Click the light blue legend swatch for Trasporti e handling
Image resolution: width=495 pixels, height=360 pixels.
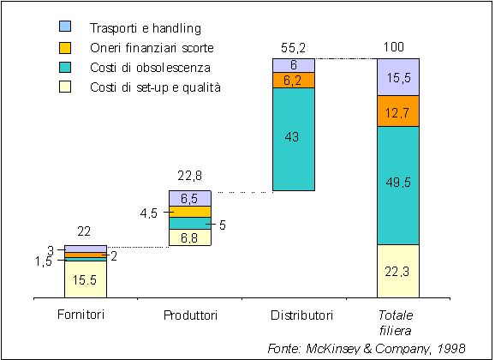[x=65, y=27]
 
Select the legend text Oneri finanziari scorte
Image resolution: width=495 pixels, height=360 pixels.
[x=152, y=48]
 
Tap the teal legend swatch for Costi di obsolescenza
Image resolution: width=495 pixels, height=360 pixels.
[x=65, y=68]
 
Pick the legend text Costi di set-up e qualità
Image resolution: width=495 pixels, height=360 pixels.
[x=155, y=87]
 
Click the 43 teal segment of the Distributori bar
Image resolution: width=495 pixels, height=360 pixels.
[x=294, y=139]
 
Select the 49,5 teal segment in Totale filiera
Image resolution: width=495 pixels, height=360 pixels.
[x=398, y=185]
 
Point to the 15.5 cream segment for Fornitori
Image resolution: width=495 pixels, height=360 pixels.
[x=86, y=279]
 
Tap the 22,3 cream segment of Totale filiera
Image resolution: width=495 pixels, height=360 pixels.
[x=398, y=271]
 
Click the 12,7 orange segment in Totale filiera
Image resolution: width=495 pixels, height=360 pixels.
[x=398, y=111]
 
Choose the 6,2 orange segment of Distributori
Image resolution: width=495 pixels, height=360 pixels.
[x=294, y=81]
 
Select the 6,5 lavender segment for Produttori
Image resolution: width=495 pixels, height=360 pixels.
[x=190, y=199]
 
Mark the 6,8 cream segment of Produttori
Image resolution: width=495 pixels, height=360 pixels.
[x=190, y=237]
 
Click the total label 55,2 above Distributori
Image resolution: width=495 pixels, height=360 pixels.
[x=293, y=48]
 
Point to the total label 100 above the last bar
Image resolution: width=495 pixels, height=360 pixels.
[x=394, y=47]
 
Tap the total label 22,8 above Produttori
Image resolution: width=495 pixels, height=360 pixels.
[x=190, y=176]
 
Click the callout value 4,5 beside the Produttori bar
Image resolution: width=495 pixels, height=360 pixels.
[x=149, y=213]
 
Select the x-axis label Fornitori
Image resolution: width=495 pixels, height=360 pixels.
[x=81, y=315]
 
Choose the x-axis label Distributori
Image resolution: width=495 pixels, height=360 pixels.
[x=301, y=315]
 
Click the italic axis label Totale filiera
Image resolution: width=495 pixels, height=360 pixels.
[x=396, y=322]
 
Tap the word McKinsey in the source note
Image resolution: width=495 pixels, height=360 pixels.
[x=333, y=348]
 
